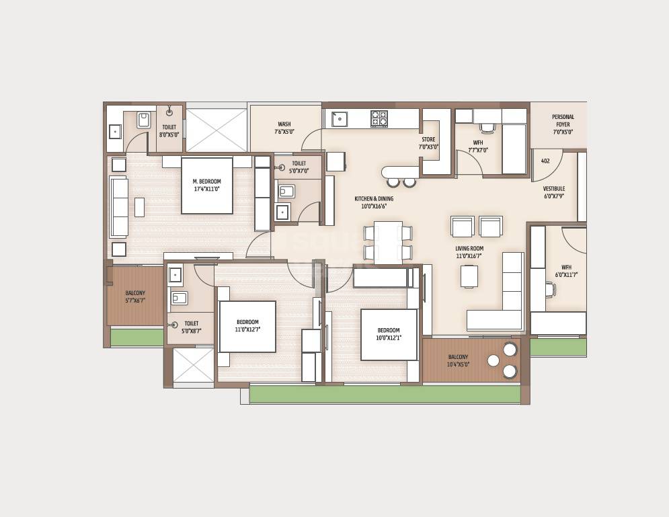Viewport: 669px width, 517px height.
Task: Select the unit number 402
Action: [x=545, y=161]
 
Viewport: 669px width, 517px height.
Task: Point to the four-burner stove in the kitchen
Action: [x=379, y=119]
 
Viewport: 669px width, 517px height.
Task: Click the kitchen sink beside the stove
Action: [x=340, y=119]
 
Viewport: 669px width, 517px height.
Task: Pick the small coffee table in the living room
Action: [x=469, y=276]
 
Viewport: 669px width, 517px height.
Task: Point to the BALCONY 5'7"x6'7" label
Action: [x=135, y=296]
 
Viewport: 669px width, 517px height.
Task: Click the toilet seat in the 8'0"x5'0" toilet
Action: [x=144, y=120]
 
